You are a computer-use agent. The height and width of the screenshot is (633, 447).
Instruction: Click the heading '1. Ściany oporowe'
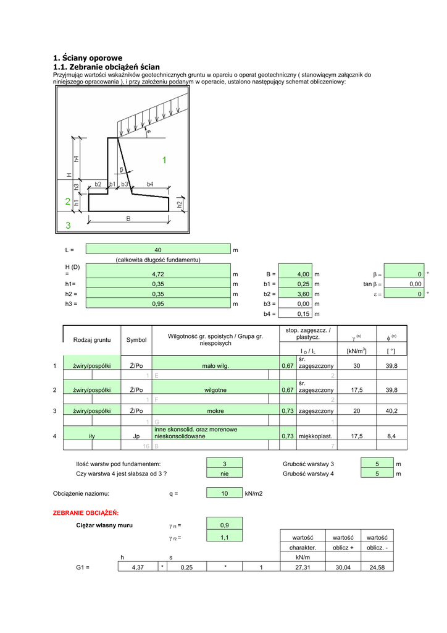coord(88,57)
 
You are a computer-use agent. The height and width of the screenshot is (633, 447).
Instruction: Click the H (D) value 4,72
coord(158,274)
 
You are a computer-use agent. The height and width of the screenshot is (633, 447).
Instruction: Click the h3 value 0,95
coord(158,304)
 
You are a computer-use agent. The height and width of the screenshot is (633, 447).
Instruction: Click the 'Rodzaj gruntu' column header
coord(92,340)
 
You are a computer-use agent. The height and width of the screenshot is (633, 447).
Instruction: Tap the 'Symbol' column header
coord(136,340)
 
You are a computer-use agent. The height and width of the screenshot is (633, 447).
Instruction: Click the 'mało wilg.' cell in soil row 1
coord(215,366)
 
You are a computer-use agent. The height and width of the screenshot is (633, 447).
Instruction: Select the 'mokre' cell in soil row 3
coord(215,411)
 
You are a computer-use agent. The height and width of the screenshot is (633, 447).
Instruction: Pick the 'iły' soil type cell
coord(92,436)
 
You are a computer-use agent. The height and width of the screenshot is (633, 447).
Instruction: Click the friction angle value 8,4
coord(391,436)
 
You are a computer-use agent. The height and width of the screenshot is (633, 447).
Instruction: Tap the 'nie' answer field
coord(225,474)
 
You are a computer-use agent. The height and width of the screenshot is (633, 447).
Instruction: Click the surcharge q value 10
coord(225,493)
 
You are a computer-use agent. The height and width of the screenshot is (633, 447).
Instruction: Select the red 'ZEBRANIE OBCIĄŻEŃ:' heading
coord(86,513)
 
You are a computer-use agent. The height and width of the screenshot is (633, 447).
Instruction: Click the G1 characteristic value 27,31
coord(303,567)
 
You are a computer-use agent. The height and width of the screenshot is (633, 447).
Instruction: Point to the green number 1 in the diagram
coord(164,160)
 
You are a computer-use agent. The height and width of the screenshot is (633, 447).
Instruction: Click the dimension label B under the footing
coord(128,218)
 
